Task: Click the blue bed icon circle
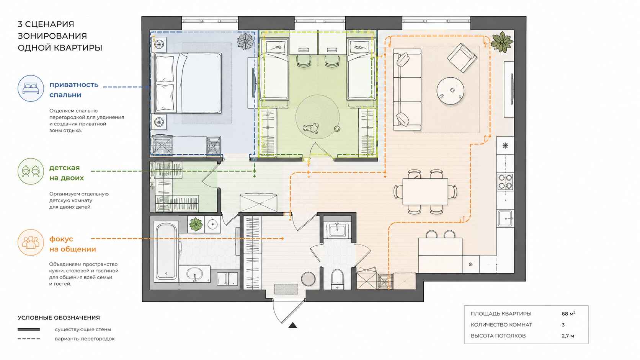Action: [x=31, y=88]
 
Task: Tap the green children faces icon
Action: [x=31, y=171]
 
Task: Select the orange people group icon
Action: [x=31, y=243]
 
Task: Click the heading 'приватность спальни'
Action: [x=74, y=90]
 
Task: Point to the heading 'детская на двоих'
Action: [x=67, y=173]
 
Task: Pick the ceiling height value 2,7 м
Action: [x=568, y=336]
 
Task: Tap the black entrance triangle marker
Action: [x=292, y=325]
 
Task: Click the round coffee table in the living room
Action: [x=450, y=91]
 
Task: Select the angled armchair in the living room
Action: [x=462, y=58]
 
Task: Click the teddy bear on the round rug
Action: [x=311, y=128]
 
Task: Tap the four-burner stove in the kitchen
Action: [x=505, y=182]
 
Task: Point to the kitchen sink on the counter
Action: [x=505, y=218]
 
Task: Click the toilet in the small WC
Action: [x=338, y=279]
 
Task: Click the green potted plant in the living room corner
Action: [x=502, y=42]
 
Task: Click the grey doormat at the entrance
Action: [x=286, y=288]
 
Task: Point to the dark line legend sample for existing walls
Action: [x=29, y=329]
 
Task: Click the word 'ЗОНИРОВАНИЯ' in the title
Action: [x=52, y=36]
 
